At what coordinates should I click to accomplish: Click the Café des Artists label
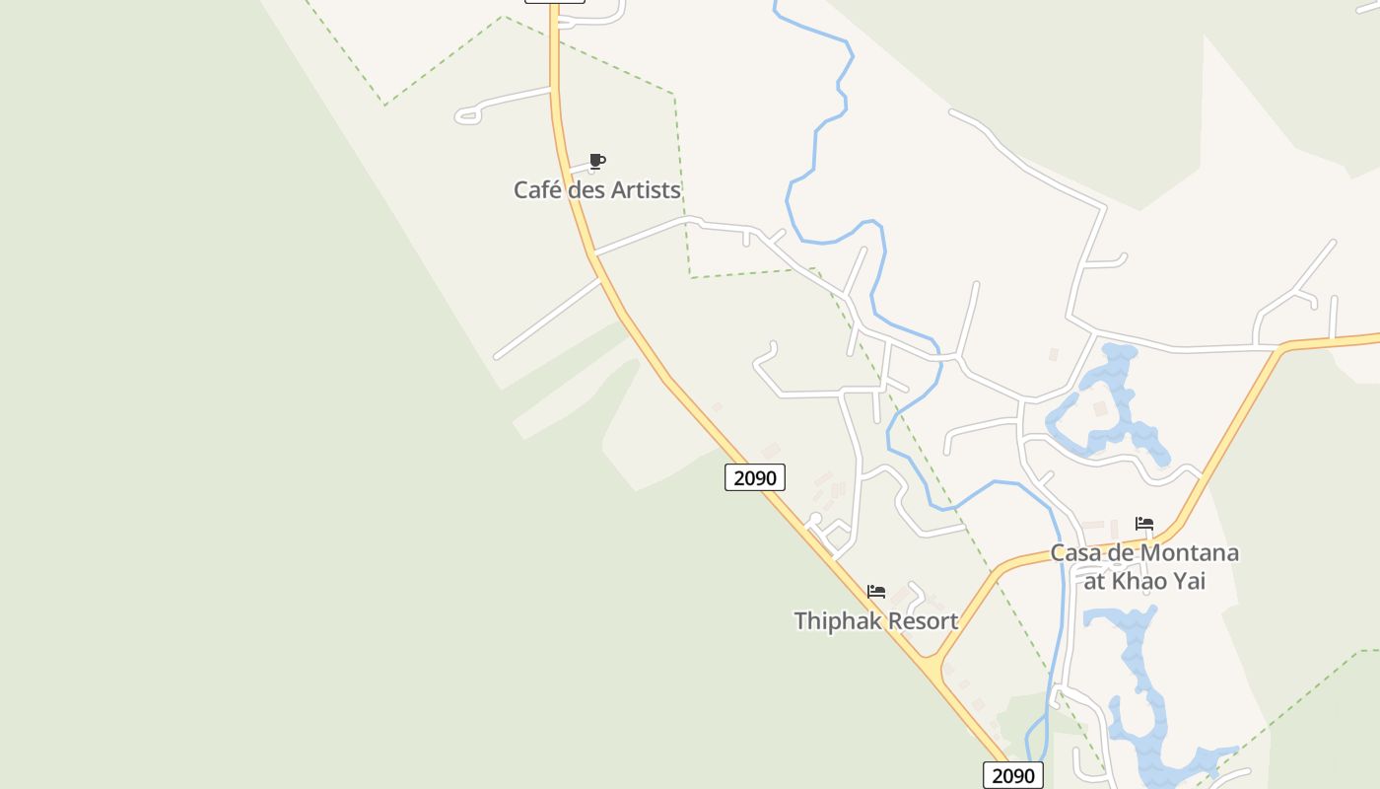[x=597, y=189]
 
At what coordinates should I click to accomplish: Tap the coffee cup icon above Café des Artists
[x=596, y=161]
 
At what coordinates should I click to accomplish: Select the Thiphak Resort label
[x=875, y=620]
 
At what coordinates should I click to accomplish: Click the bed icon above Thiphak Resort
[x=875, y=592]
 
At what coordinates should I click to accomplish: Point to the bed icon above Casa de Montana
[x=1143, y=523]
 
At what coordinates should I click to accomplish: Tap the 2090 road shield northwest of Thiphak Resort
[x=756, y=478]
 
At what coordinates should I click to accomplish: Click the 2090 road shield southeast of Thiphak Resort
[x=1013, y=775]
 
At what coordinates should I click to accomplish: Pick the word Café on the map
[x=538, y=189]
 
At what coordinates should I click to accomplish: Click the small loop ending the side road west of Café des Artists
[x=468, y=116]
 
